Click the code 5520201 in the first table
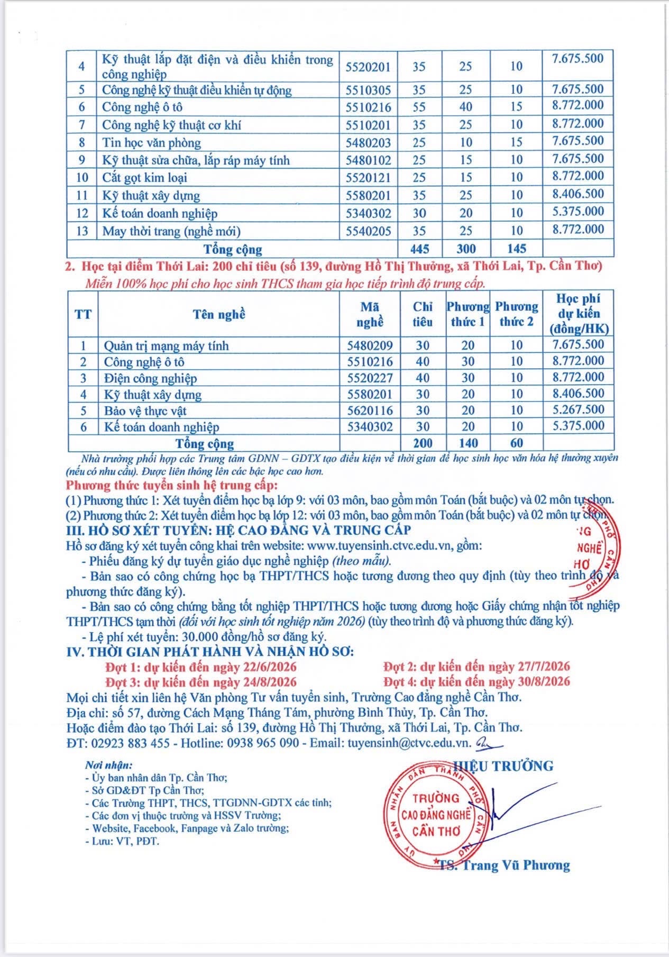pos(368,67)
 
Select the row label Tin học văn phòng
pos(152,142)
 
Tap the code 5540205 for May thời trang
pos(368,231)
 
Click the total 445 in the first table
pos(420,249)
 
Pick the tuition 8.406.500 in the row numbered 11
pos(578,194)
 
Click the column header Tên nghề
pos(219,314)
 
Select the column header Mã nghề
pos(370,314)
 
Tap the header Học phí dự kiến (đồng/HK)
pos(579,314)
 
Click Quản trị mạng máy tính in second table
pos(166,346)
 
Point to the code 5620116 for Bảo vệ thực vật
pos(370,411)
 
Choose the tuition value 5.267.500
pos(578,410)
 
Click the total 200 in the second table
pos(423,443)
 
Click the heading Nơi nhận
pos(109,765)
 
